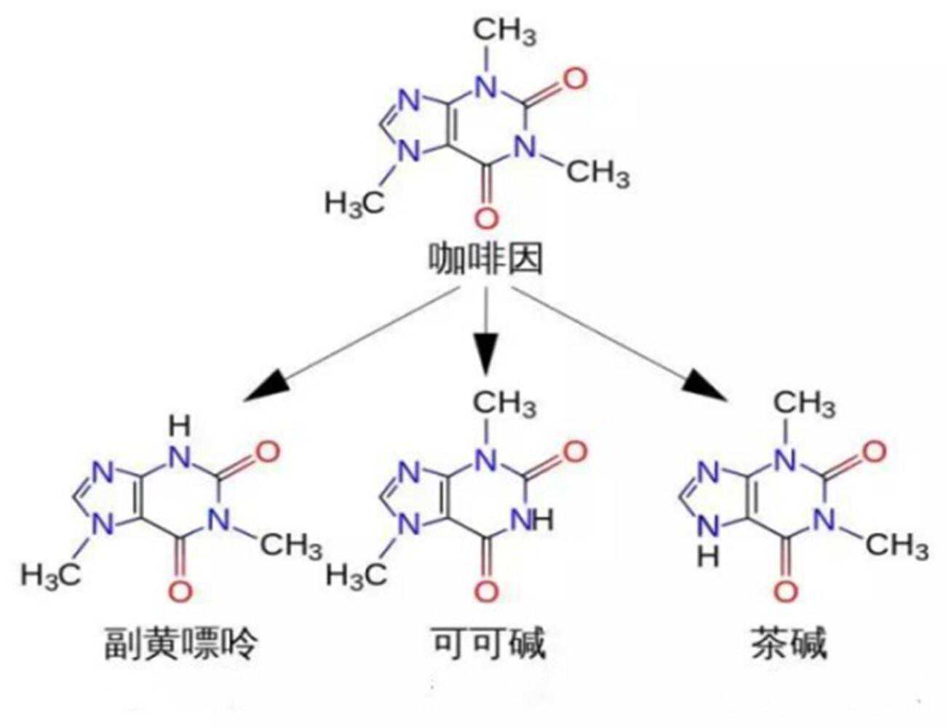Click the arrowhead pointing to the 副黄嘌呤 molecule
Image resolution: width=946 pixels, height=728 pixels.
263,386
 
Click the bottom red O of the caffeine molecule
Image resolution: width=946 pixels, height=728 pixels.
486,218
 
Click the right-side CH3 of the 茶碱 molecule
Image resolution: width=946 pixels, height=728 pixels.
897,545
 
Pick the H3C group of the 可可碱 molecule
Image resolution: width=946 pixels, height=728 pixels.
356,575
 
